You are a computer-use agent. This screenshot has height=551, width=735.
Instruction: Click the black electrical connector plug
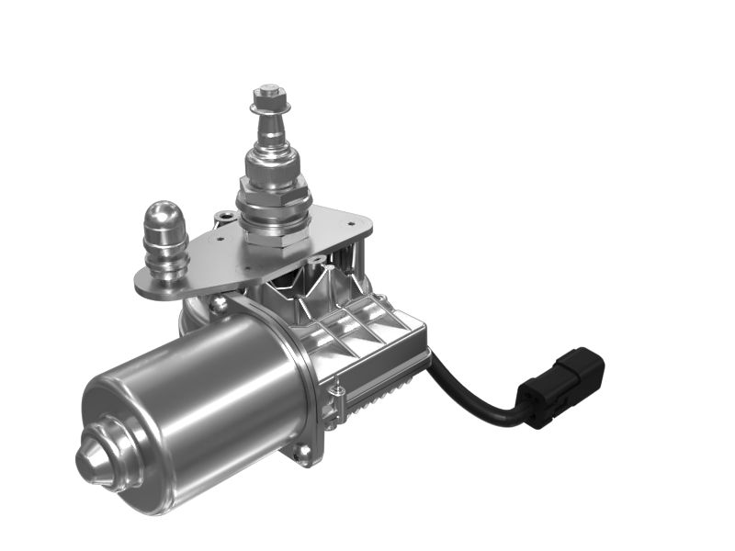(x=561, y=387)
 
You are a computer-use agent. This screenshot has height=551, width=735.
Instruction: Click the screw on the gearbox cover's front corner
(x=339, y=393)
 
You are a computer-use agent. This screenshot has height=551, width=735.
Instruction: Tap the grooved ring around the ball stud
(x=166, y=257)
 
